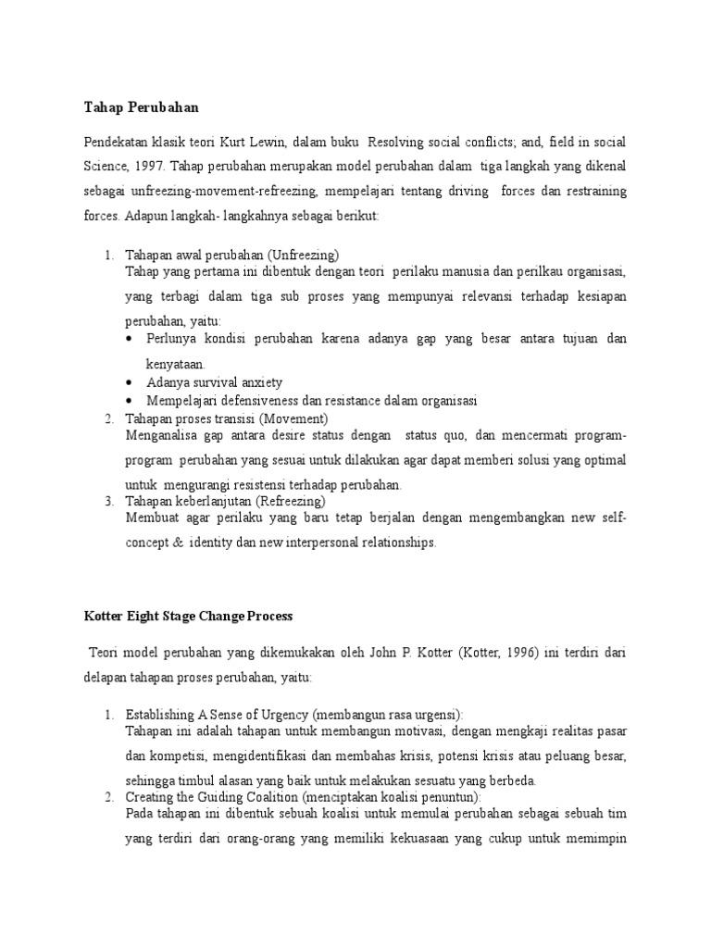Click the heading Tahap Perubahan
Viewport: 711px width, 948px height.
click(x=141, y=108)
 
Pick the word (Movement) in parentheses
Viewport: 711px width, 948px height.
click(x=293, y=419)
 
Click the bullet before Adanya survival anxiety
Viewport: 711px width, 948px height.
click(x=128, y=382)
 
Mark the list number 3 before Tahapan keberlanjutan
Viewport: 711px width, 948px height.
click(x=108, y=501)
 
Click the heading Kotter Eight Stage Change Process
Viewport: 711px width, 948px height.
click(x=188, y=615)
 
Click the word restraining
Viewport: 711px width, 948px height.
click(x=592, y=192)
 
